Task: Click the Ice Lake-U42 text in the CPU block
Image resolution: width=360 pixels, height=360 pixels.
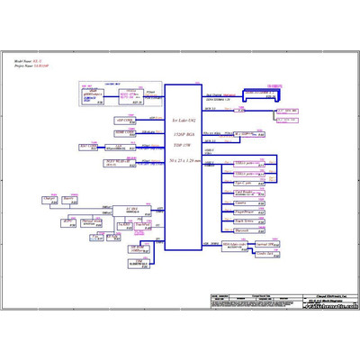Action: pos(184,119)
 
